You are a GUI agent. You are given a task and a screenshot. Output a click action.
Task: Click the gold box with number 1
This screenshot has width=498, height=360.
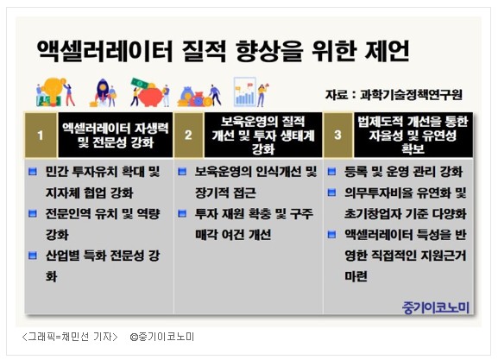(41, 135)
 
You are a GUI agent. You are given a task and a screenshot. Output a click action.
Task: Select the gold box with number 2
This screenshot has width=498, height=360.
(189, 135)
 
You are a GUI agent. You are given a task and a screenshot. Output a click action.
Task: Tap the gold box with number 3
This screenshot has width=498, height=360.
(337, 135)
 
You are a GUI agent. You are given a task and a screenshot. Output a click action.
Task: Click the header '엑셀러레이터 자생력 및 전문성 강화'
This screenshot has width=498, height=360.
(116, 136)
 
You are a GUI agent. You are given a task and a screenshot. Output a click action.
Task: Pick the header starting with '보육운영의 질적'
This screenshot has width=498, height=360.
(263, 135)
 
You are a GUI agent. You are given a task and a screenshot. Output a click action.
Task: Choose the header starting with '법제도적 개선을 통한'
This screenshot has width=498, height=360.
(413, 135)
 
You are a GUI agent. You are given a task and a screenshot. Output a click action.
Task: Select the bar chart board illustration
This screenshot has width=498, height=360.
(245, 92)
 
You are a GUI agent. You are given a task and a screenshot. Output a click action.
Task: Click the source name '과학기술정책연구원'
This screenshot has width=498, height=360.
(411, 95)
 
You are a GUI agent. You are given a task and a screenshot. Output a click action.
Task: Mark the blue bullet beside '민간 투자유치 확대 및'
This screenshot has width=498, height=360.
(33, 172)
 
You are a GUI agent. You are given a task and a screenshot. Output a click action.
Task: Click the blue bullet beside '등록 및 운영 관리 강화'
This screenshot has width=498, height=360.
(331, 172)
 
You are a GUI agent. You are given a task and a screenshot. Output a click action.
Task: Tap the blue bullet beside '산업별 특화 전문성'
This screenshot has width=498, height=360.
(33, 256)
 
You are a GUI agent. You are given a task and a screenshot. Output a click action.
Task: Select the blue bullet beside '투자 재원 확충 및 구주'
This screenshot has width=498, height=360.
(182, 214)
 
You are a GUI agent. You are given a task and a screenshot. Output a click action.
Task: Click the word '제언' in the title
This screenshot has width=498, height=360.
(388, 51)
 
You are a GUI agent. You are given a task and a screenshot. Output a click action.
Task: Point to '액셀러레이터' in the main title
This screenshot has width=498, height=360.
(104, 51)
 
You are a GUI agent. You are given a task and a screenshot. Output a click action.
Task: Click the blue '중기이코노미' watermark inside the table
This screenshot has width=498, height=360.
(436, 307)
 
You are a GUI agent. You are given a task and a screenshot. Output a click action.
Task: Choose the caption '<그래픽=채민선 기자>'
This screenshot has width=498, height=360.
(70, 337)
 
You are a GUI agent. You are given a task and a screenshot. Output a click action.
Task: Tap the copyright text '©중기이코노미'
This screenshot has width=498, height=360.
(162, 337)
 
